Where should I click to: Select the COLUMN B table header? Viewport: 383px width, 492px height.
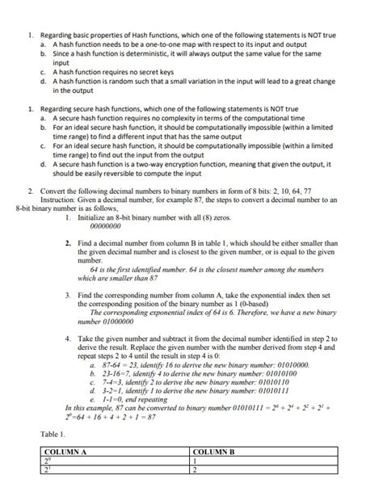[214, 453]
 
